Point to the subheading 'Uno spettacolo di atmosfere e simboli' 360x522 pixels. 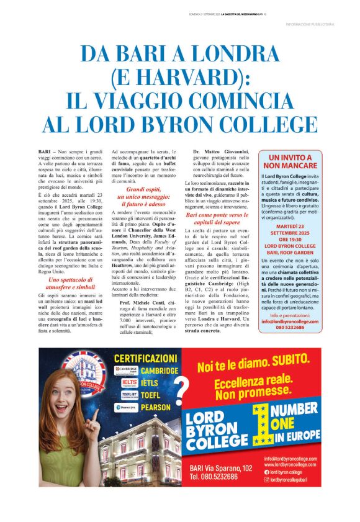[x=71, y=284]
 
